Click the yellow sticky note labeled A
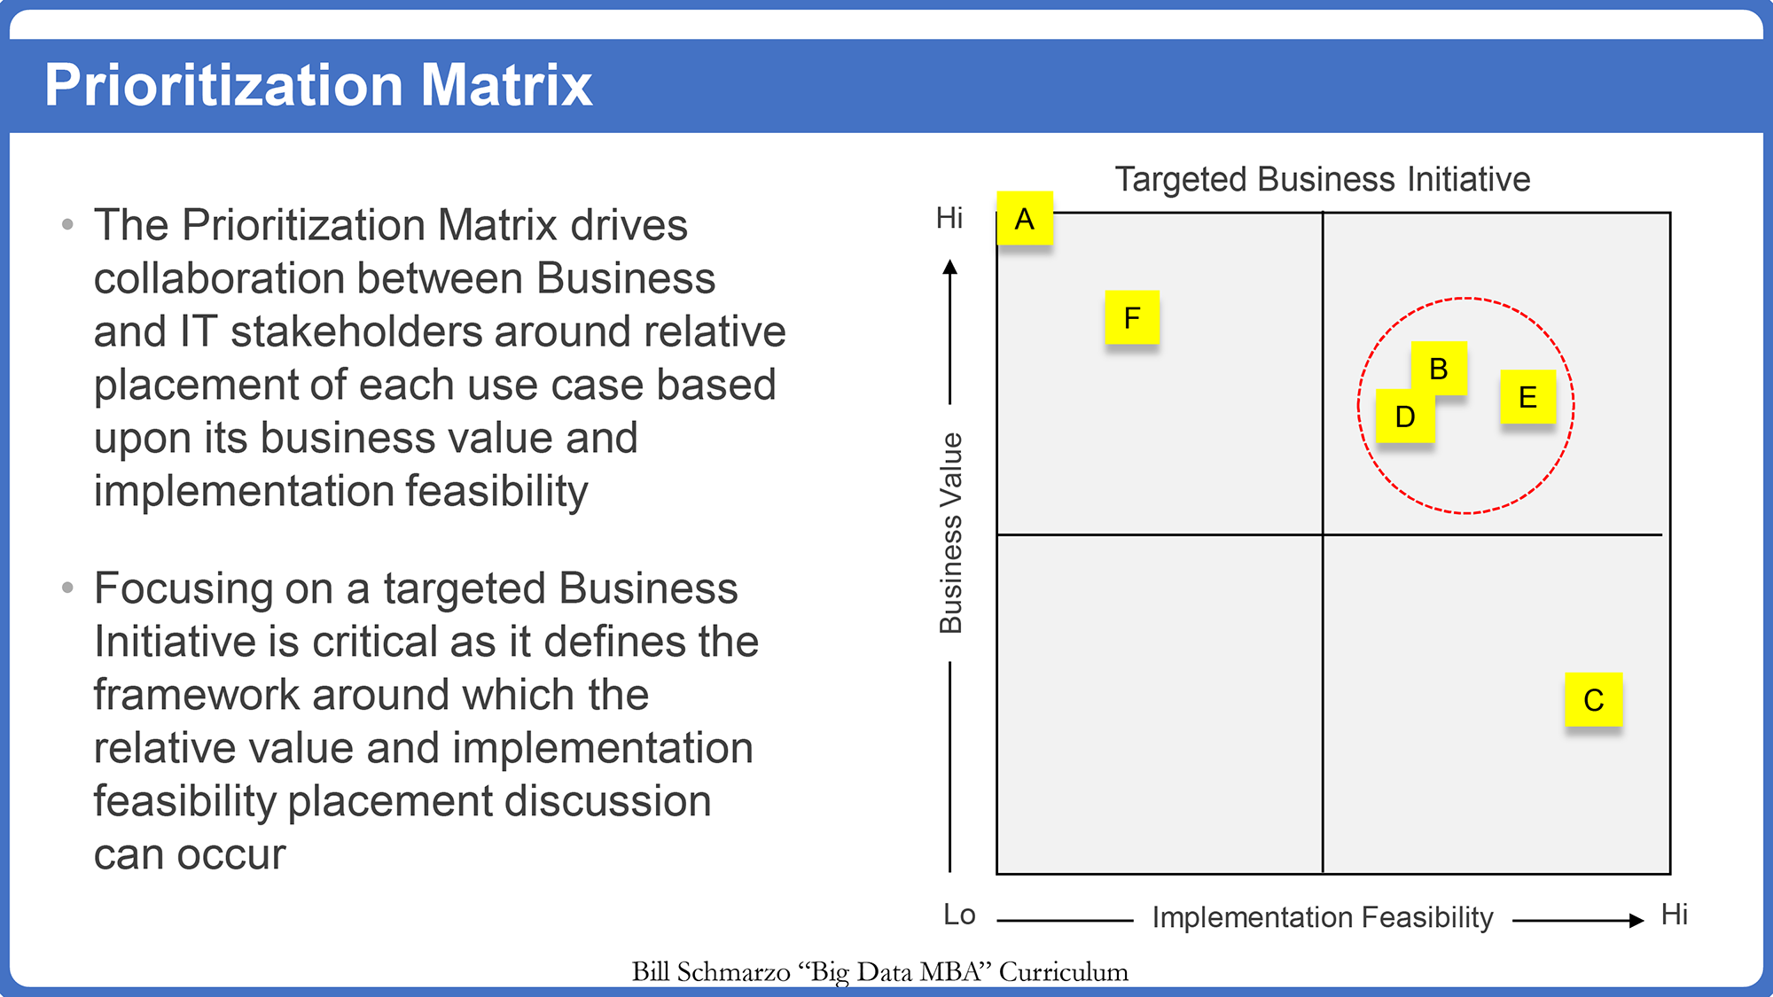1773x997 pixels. (1025, 218)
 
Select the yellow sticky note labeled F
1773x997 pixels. (1132, 317)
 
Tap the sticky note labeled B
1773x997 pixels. (1439, 369)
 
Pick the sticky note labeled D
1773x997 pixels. (1405, 417)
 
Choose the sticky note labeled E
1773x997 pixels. (1527, 397)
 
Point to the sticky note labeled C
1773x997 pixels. (1594, 700)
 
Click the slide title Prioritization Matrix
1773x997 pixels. (318, 85)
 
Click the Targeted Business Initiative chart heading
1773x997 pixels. (1323, 179)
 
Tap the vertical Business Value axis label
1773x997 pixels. (950, 533)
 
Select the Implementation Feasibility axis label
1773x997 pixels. (1323, 917)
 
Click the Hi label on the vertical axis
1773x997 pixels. (949, 218)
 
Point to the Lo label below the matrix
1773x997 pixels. (959, 915)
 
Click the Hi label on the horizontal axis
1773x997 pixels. (1675, 915)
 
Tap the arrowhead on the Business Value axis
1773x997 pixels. (950, 267)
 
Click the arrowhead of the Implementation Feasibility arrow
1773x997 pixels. (1636, 921)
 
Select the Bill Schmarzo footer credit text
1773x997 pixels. (879, 972)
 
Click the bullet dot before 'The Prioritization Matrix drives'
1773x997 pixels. (67, 224)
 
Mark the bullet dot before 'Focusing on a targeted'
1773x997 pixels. (67, 588)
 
